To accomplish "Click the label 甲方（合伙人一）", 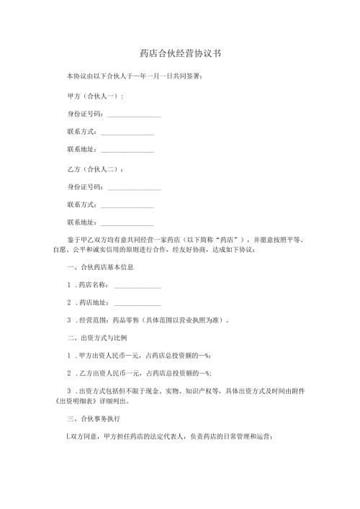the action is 95,96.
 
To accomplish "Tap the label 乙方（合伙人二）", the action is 95,170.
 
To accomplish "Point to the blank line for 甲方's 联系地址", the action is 127,151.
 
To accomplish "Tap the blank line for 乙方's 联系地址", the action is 127,225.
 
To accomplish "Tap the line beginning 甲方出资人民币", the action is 144,355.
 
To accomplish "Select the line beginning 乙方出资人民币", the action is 144,372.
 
